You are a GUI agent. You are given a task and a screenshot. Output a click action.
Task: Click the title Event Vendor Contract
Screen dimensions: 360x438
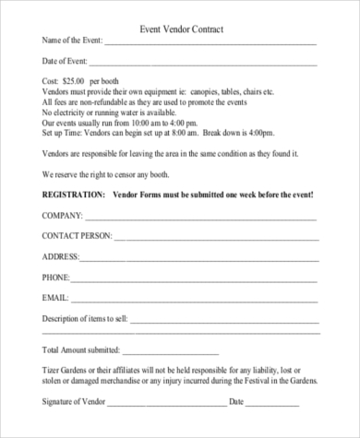180,30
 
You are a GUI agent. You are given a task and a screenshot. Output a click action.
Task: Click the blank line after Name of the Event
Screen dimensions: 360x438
210,42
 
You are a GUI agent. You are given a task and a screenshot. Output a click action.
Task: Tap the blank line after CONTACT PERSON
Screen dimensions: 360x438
216,236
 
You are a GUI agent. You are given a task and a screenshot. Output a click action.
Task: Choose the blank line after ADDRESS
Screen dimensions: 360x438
199,256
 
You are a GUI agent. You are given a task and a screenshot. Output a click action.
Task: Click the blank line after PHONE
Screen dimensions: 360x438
196,277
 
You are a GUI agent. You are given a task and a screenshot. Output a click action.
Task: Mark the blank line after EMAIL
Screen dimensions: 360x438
195,297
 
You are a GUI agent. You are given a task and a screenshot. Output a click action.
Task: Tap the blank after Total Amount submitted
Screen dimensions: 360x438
170,351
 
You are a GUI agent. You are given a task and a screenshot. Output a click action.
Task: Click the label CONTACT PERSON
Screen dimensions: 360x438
76,236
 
